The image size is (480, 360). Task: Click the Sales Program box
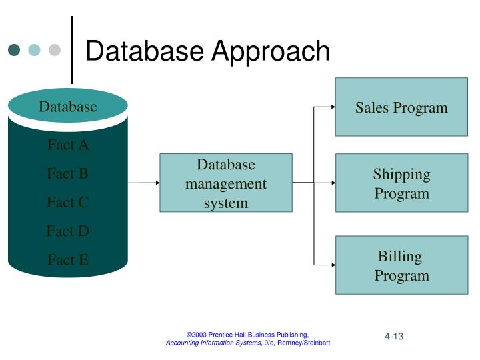click(x=401, y=107)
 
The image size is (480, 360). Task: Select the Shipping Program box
click(x=401, y=183)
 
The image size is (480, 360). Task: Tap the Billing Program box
click(x=401, y=265)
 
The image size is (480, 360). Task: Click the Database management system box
click(x=226, y=183)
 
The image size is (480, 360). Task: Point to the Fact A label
click(x=67, y=145)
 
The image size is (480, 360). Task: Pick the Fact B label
click(x=67, y=173)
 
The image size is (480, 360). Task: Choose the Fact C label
click(x=67, y=202)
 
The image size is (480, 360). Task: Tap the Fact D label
click(x=67, y=231)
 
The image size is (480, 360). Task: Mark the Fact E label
click(x=67, y=259)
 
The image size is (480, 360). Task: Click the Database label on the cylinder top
click(x=67, y=107)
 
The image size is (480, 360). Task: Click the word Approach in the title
click(x=271, y=51)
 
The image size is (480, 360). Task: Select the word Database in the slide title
click(x=145, y=51)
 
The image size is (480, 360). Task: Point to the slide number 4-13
click(x=393, y=336)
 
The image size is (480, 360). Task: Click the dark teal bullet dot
click(x=14, y=50)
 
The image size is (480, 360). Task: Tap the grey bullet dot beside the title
click(x=55, y=50)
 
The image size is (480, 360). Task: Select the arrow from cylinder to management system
click(x=143, y=182)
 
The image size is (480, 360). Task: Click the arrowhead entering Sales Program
click(x=332, y=107)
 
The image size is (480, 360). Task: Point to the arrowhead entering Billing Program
click(x=332, y=265)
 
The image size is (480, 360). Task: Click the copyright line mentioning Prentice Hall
click(x=247, y=334)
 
